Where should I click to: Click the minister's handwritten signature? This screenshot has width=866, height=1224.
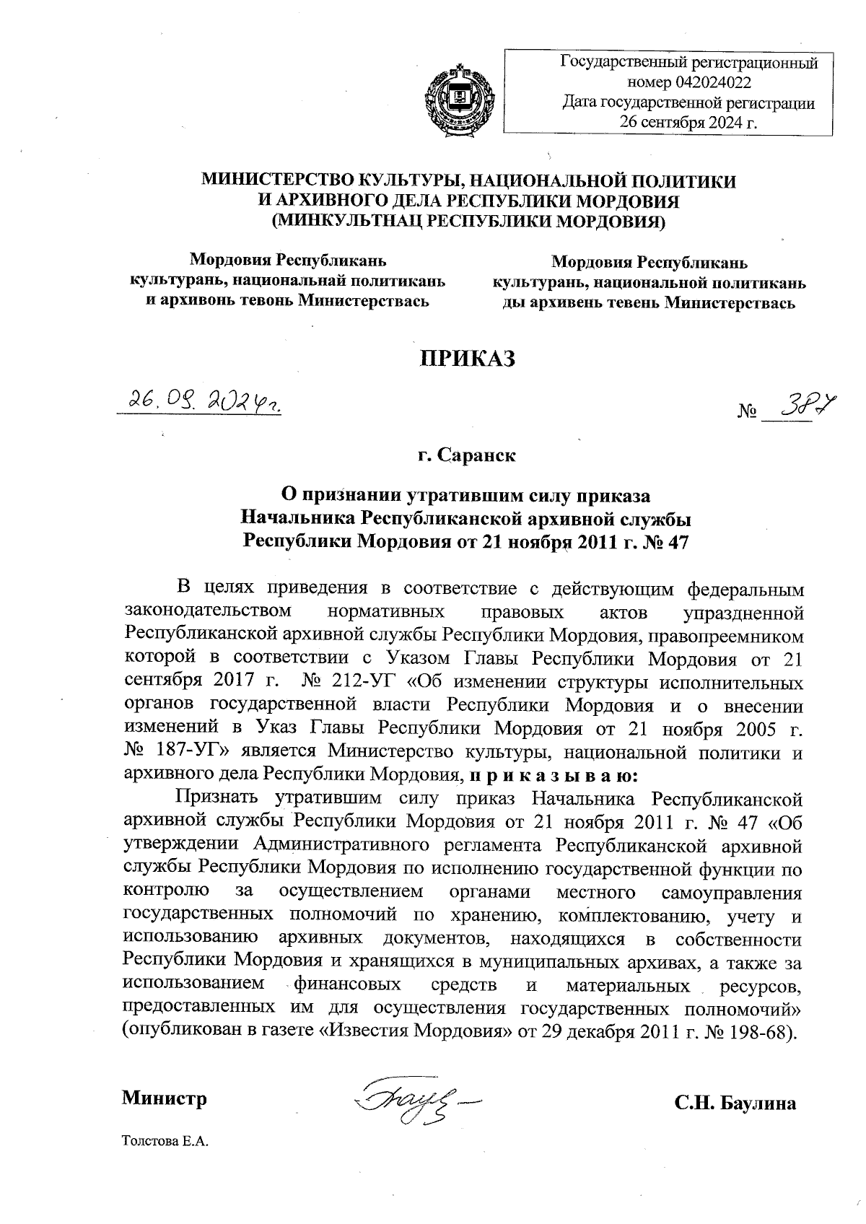coord(414,1100)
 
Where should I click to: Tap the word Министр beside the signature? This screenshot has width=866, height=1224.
coord(165,1098)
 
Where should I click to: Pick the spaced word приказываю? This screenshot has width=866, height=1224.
coord(554,776)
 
